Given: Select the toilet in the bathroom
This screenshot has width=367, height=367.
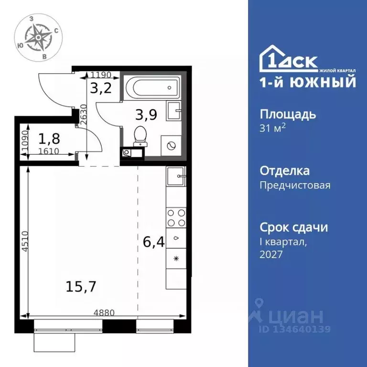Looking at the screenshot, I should (140, 135).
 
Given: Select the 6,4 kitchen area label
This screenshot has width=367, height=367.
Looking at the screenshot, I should (153, 243).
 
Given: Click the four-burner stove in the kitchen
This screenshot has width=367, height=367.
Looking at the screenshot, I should (175, 217).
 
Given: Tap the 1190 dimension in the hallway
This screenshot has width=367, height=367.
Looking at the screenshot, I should (101, 75).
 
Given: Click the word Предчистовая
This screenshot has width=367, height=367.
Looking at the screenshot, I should (295, 185).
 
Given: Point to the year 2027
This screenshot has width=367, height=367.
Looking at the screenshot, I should (271, 254).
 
